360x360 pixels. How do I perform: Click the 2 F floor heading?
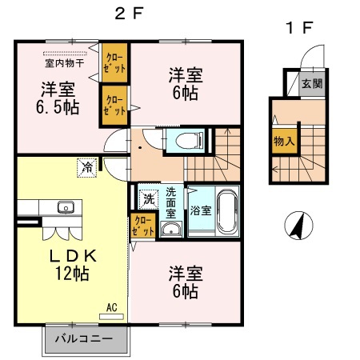pyautogui.click(x=128, y=13)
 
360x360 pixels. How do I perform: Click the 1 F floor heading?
pyautogui.click(x=300, y=29)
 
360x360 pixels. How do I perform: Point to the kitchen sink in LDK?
pyautogui.click(x=65, y=209)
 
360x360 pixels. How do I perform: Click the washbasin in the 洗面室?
pyautogui.click(x=170, y=230)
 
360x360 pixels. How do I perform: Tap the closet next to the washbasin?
pyautogui.click(x=143, y=226)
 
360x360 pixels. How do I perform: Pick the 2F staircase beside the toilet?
pyautogui.click(x=213, y=156)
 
